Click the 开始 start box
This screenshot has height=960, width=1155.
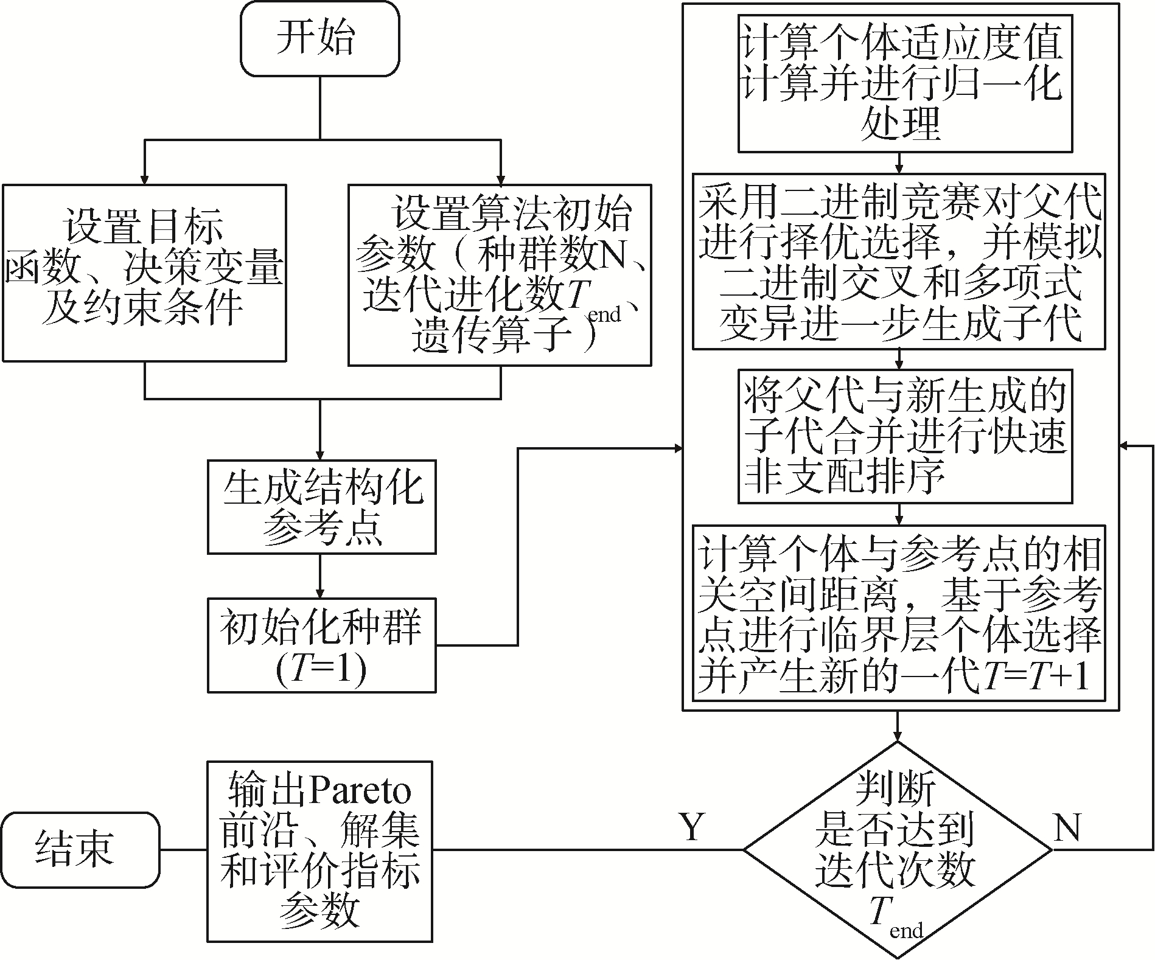320,38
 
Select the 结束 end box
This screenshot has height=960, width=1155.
80,850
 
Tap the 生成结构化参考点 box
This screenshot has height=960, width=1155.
322,507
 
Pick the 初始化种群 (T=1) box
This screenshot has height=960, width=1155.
322,645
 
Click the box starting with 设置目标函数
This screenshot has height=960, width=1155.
144,273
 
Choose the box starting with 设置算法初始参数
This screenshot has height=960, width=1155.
500,275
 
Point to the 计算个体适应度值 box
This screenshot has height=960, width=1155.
905,84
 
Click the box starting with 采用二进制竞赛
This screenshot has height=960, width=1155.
899,262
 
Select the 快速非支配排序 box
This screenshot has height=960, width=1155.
905,436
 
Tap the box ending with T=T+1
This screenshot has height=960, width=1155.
899,613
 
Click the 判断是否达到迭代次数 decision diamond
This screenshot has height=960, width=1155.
898,850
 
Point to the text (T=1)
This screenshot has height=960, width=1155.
321,670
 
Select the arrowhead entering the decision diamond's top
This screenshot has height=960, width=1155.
898,734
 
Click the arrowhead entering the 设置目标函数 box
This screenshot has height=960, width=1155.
144,178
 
